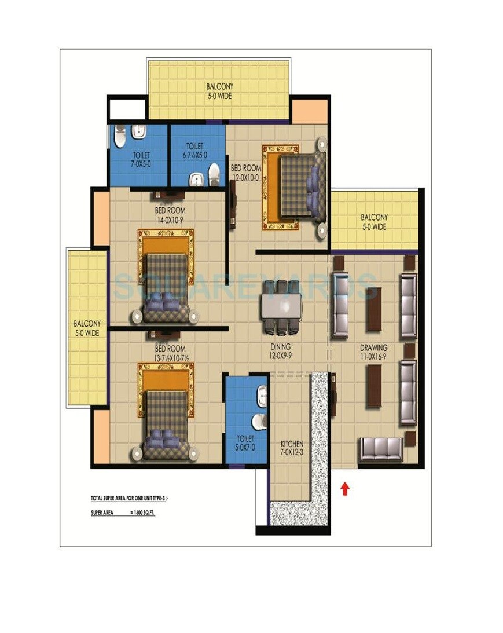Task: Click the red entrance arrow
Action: tap(345, 489)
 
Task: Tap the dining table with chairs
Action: tap(281, 307)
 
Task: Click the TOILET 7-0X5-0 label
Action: tap(141, 160)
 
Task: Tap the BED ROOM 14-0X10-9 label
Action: tap(170, 215)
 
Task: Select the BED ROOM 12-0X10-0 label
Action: tap(246, 172)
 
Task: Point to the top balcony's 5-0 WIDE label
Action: tap(219, 96)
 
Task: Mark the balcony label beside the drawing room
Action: tap(374, 222)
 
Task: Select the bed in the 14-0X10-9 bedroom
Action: tap(166, 286)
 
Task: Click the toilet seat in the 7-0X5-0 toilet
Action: tap(120, 137)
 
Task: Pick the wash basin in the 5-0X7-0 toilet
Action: tap(262, 395)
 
